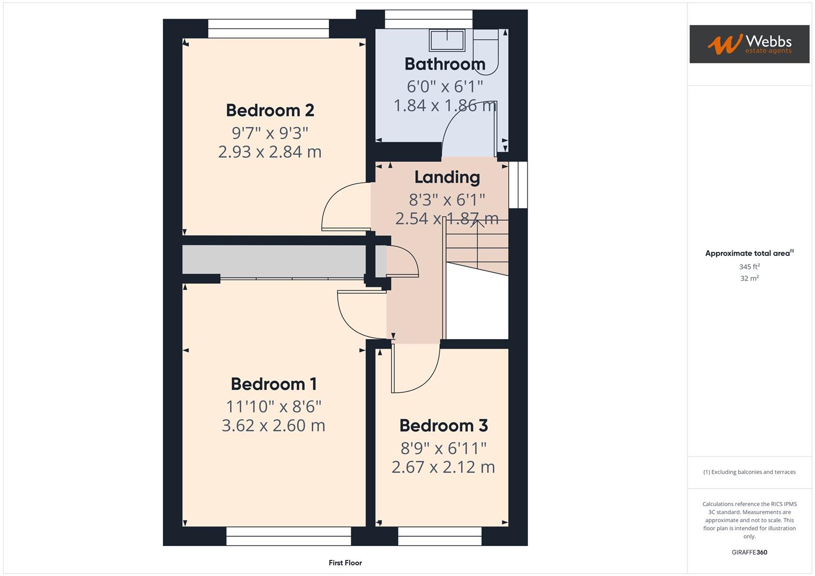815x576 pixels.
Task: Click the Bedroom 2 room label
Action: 270,110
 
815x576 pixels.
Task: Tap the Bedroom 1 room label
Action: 273,384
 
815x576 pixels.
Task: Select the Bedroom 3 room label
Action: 443,426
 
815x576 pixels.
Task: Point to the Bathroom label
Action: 445,64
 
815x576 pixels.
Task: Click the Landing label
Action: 447,177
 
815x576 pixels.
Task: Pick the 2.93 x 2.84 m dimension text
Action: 270,152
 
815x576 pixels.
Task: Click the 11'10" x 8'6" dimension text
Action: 273,407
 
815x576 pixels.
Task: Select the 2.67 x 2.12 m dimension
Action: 443,467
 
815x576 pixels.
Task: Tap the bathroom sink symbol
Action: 447,39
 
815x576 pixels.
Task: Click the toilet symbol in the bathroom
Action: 485,51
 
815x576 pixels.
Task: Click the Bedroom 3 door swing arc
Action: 422,373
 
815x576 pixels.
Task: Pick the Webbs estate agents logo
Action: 749,44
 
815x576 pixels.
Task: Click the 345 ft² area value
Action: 749,267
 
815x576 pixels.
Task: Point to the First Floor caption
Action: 345,563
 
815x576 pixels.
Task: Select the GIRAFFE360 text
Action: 749,552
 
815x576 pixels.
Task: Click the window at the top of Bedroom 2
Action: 268,29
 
